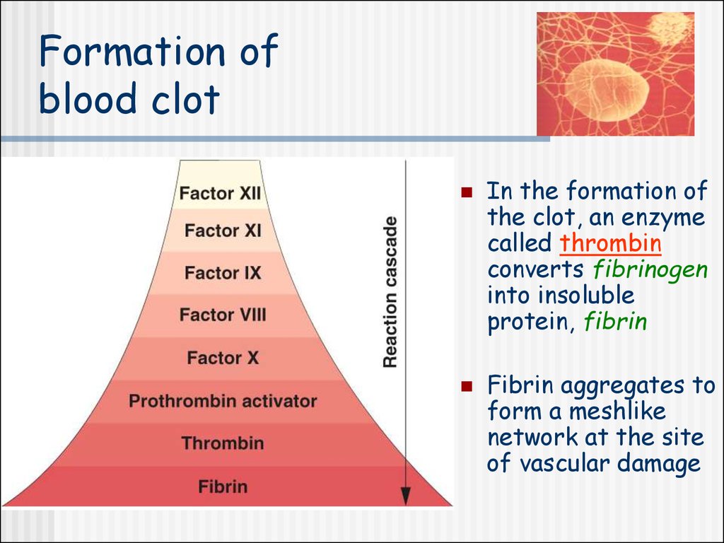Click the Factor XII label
pyautogui.click(x=221, y=193)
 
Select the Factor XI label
pyautogui.click(x=223, y=230)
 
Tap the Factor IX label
pyautogui.click(x=223, y=273)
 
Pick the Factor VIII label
pyautogui.click(x=223, y=315)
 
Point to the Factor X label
pyautogui.click(x=223, y=358)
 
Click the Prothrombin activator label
pyautogui.click(x=223, y=401)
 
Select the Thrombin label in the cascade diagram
pyautogui.click(x=223, y=443)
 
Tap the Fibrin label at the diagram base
pyautogui.click(x=223, y=486)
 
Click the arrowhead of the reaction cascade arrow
pyautogui.click(x=405, y=496)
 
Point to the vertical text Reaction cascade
pyautogui.click(x=390, y=292)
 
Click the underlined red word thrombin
pyautogui.click(x=610, y=243)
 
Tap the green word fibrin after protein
pyautogui.click(x=616, y=322)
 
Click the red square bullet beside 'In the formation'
pyautogui.click(x=467, y=192)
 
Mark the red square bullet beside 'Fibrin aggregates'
pyautogui.click(x=467, y=385)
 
